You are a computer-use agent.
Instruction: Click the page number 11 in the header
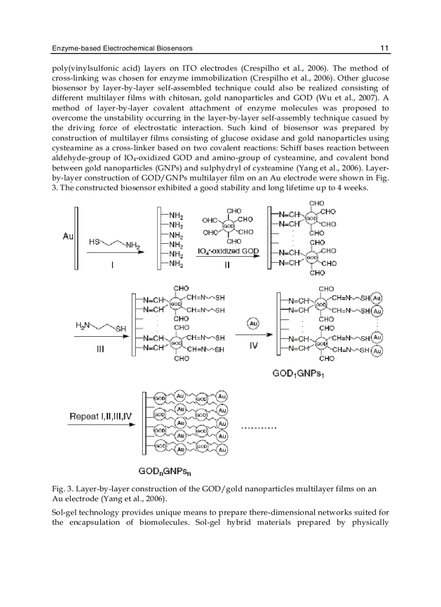(385, 48)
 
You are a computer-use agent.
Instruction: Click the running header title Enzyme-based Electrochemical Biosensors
(122, 48)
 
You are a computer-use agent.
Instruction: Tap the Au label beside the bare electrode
(68, 236)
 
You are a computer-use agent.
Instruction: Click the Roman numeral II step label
(228, 266)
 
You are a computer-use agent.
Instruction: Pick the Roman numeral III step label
(100, 349)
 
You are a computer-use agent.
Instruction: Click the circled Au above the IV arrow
(253, 324)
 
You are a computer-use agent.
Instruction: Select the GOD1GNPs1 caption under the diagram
(302, 373)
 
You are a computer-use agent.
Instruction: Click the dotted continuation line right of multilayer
(258, 428)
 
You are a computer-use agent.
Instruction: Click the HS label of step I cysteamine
(94, 242)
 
